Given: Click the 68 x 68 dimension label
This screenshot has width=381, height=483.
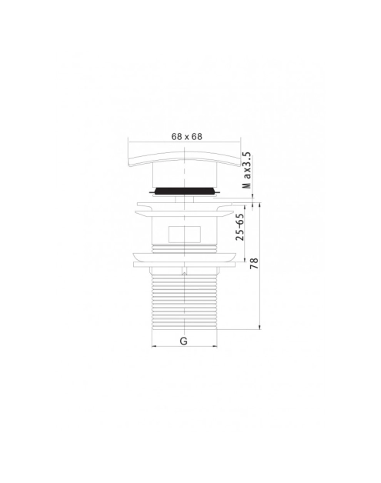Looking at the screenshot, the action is [187, 136].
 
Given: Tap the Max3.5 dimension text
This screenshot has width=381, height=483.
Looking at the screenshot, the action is [247, 170].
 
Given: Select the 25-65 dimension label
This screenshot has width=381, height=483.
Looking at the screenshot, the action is [239, 228].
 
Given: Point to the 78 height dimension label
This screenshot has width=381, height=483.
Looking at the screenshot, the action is [254, 263].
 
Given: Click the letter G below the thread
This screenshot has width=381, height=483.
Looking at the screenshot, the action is [183, 341].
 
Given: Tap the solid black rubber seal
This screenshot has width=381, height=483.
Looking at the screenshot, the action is [184, 191].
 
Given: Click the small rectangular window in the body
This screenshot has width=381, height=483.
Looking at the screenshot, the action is [184, 235].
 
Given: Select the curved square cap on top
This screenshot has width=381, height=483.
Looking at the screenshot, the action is [184, 158].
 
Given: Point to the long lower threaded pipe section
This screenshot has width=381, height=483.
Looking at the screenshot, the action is [184, 301].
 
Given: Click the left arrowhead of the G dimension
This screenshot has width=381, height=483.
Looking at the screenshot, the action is [154, 347].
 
